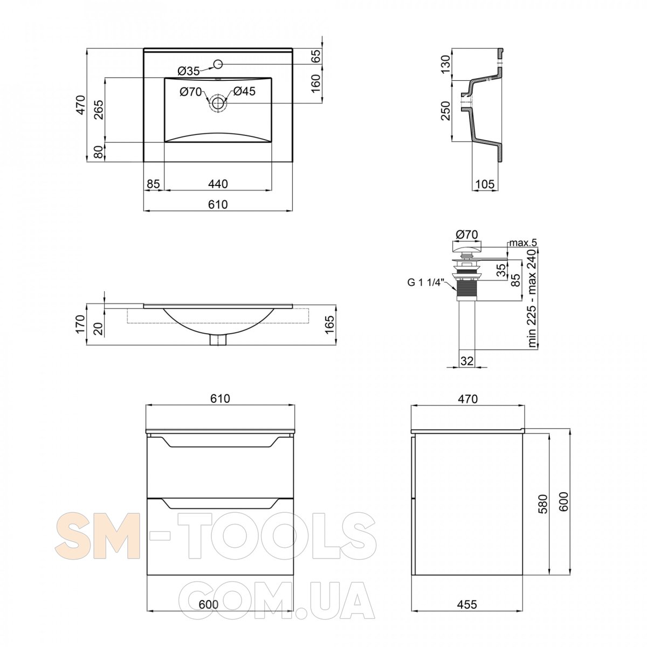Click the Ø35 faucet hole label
click(x=188, y=71)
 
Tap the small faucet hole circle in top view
click(x=218, y=64)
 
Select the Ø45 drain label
click(x=244, y=91)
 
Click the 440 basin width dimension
click(x=218, y=184)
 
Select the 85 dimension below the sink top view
click(x=154, y=184)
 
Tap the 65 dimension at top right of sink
click(x=316, y=56)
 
